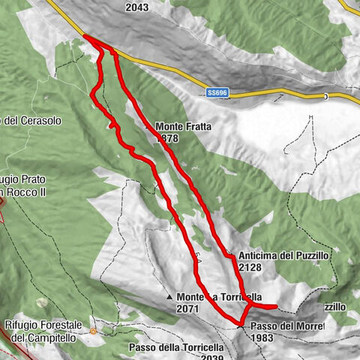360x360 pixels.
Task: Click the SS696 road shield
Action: click(217, 92)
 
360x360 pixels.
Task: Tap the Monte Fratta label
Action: click(184, 127)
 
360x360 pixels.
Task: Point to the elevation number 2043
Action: click(137, 7)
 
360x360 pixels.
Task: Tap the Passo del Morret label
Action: click(286, 327)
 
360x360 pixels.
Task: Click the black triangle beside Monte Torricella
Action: click(170, 296)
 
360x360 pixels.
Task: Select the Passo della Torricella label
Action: click(176, 348)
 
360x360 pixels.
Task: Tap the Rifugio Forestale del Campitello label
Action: click(42, 331)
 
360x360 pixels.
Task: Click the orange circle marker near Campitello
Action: click(93, 331)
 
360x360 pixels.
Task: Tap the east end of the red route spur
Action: click(276, 306)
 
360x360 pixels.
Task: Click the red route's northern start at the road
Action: click(85, 37)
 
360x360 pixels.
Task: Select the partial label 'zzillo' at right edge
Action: click(334, 307)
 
